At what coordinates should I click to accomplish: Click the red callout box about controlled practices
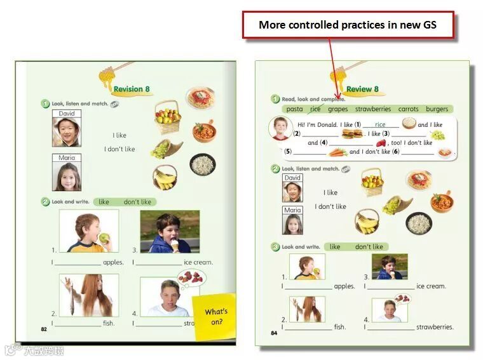(348, 25)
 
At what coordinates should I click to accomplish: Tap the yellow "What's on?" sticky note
(215, 316)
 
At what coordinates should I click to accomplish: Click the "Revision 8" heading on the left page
(132, 90)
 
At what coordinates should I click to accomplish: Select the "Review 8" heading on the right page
(362, 90)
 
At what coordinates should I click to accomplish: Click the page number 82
(44, 329)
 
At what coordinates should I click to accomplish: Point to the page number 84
(274, 333)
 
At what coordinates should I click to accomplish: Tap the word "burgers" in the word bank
(437, 109)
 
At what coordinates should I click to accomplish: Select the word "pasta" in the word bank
(294, 109)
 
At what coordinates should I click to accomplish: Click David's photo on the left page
(66, 128)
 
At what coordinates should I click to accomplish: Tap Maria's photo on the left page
(66, 173)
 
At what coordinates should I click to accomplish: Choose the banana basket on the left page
(165, 178)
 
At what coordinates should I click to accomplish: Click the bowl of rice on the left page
(203, 164)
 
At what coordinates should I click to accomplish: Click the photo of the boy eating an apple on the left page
(88, 231)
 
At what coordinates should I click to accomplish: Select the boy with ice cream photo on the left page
(169, 231)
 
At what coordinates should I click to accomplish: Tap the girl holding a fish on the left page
(88, 295)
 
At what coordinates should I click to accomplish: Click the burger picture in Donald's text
(351, 134)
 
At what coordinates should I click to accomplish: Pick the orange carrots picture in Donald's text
(338, 152)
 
